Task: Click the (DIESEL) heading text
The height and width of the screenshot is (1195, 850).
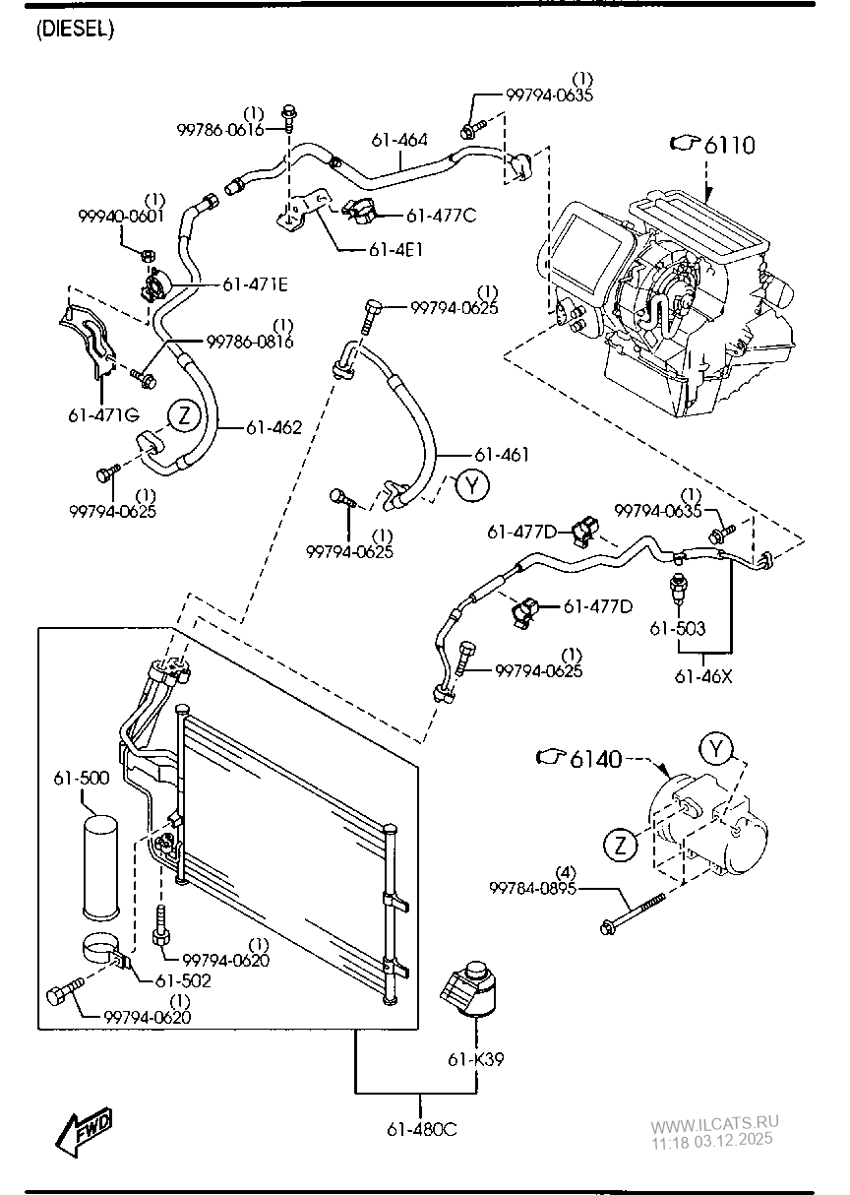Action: tap(75, 29)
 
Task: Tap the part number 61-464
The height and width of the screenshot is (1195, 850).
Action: tap(399, 141)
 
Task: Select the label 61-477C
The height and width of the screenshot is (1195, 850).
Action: tap(441, 216)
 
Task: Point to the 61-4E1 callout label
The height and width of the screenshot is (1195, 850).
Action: tap(395, 250)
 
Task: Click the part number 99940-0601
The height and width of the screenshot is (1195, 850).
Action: tap(121, 216)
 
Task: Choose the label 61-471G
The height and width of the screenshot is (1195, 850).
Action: tap(103, 414)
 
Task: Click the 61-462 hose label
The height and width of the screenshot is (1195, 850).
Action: tap(274, 427)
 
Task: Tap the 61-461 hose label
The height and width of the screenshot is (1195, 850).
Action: tap(502, 455)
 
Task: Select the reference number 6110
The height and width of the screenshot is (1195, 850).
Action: tap(730, 145)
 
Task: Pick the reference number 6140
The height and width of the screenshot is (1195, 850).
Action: tap(595, 759)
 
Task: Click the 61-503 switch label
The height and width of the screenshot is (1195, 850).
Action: tap(677, 628)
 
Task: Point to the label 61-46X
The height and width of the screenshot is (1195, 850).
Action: tap(703, 676)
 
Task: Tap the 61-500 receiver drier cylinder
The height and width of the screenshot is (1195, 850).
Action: tap(100, 866)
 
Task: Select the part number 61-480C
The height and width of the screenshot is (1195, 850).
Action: tap(422, 1129)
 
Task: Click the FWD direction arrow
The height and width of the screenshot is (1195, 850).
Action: tap(85, 1130)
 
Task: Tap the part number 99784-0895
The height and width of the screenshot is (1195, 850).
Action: tap(532, 888)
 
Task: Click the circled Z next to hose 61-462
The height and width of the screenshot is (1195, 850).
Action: tap(185, 415)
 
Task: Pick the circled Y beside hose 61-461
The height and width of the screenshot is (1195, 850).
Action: tap(472, 484)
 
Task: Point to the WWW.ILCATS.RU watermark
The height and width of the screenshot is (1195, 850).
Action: tap(714, 1123)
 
